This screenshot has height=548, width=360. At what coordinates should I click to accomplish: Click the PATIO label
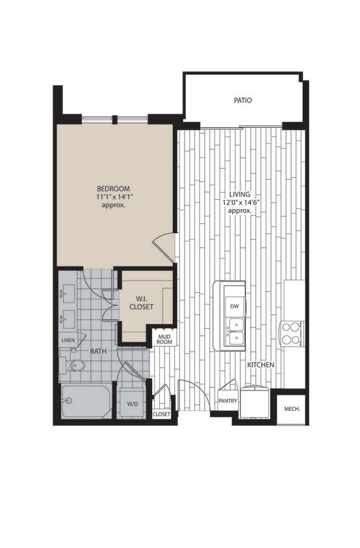(242, 101)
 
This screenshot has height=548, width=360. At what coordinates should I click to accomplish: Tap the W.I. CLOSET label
(141, 303)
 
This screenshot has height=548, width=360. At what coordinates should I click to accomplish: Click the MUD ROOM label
(163, 340)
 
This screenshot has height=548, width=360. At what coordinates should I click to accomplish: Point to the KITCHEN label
(261, 366)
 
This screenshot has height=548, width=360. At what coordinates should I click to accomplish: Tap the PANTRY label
(227, 401)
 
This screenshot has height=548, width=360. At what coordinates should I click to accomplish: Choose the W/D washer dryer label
(133, 404)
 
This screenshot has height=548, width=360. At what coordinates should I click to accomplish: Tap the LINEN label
(68, 340)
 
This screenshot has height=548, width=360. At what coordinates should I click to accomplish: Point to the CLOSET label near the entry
(161, 414)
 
